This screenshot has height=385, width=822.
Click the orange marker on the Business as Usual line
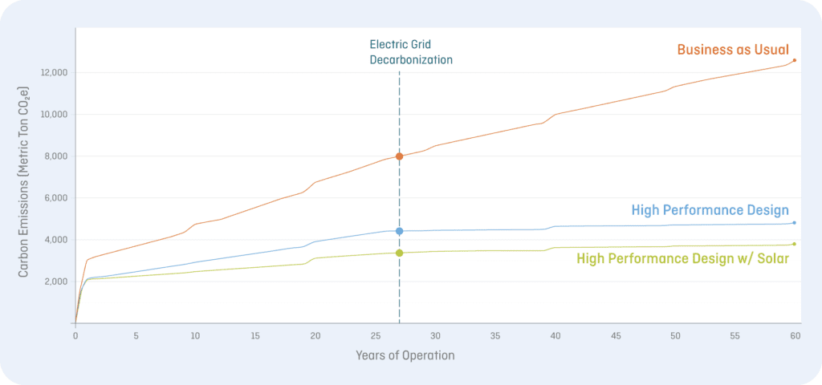coord(399,156)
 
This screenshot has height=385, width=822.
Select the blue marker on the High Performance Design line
coord(399,231)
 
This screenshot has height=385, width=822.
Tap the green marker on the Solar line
coord(399,253)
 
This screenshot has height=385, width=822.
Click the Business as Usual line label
coord(733,50)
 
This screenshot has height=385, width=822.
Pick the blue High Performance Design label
coord(710,211)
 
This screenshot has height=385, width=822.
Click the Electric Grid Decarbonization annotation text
coord(411,52)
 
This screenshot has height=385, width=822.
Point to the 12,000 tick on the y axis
coord(54,72)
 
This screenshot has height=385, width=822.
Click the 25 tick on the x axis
coord(376,336)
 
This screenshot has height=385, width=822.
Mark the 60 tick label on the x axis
coord(796,336)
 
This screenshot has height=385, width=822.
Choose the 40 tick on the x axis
coord(555,336)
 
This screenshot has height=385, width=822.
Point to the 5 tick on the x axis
coord(136,336)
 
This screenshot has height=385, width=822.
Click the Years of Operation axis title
coord(405,355)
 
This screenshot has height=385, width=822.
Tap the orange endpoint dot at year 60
coord(794,60)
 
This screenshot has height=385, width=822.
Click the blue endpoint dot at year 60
coord(794,223)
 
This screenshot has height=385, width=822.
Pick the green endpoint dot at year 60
coord(794,244)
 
